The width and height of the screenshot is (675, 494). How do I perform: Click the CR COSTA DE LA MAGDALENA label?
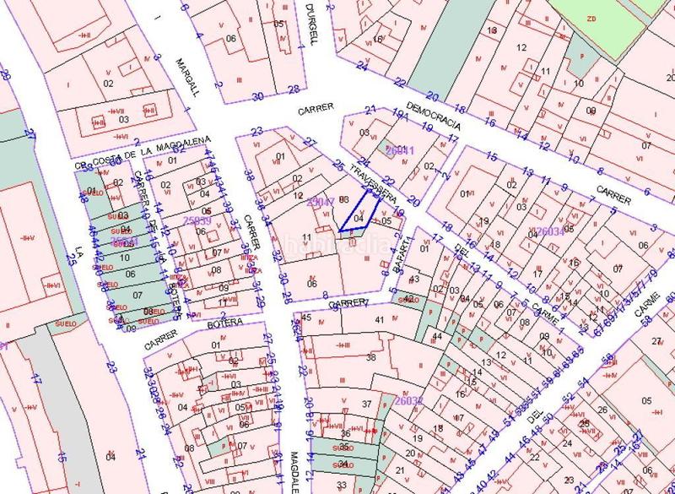pyautogui.click(x=140, y=155)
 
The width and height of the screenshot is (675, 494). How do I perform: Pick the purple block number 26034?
pyautogui.click(x=549, y=231)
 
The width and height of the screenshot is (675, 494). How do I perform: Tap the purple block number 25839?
pyautogui.click(x=196, y=221)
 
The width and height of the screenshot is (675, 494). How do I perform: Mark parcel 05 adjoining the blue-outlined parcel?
pyautogui.click(x=386, y=221)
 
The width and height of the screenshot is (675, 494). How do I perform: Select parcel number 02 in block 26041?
pyautogui.click(x=429, y=166)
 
